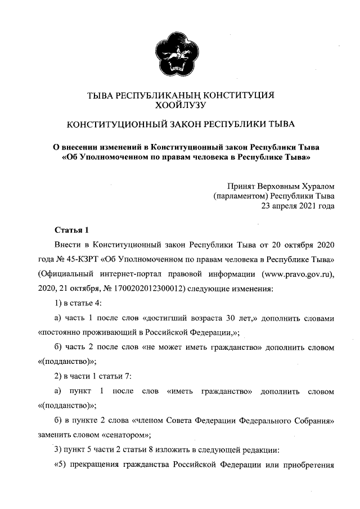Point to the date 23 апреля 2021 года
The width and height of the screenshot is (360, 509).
point(298,205)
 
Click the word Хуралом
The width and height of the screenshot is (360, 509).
point(316,185)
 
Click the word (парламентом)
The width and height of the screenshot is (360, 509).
point(240,195)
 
